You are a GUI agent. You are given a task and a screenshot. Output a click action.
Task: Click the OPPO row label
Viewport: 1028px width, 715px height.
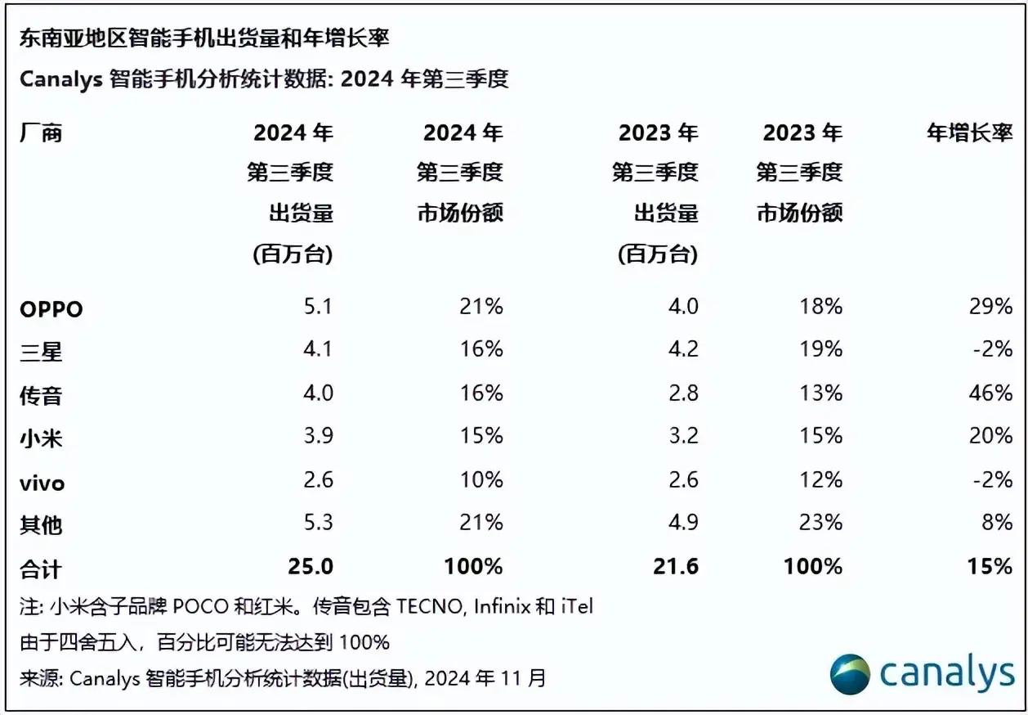51,309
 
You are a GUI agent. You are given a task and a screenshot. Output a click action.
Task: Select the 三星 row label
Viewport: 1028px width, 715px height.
41,352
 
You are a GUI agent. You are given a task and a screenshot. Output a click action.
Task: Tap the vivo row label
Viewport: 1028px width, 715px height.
42,483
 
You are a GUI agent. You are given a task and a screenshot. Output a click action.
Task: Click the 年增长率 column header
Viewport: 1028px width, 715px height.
969,133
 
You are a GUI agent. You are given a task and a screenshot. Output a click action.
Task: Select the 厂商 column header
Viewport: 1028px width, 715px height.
41,133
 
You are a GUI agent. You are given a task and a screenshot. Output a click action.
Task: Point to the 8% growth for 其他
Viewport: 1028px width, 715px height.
998,523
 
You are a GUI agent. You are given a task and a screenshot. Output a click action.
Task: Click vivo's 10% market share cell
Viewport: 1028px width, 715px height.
482,480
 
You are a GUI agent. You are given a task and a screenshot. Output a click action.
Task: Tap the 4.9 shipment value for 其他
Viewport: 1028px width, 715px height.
682,523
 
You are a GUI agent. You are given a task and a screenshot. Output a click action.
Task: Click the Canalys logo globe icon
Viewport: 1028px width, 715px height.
850,675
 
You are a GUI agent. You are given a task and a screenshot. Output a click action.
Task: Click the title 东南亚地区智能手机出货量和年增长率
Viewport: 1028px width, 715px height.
204,38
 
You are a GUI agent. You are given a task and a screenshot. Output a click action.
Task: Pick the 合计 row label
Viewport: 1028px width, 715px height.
41,569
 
